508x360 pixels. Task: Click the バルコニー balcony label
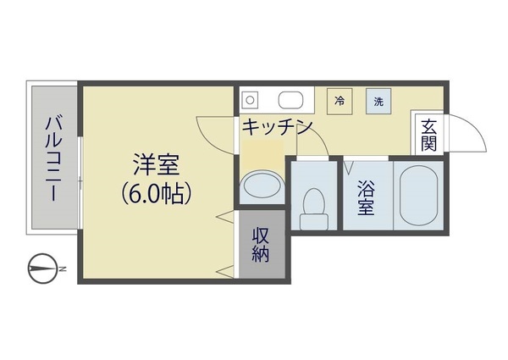coord(52,158)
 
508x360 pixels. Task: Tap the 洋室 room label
coord(157,165)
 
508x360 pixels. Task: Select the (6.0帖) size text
coord(156,194)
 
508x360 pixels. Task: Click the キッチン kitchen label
coord(278,127)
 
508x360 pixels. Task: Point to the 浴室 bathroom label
coord(366,197)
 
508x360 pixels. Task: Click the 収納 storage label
coord(261,245)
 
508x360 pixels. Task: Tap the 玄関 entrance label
coord(429,136)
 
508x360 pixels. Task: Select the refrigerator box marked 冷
coord(340,101)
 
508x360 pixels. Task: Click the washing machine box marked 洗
coord(378,101)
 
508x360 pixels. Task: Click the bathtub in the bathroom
coord(418,196)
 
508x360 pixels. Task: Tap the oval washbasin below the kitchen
coord(262,186)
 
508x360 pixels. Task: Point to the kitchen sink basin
coord(290,100)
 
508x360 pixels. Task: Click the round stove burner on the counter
coord(250,100)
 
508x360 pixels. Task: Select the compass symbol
coord(42,269)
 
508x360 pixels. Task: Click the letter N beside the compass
coord(63,269)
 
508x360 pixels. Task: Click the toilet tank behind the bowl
coord(313,222)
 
